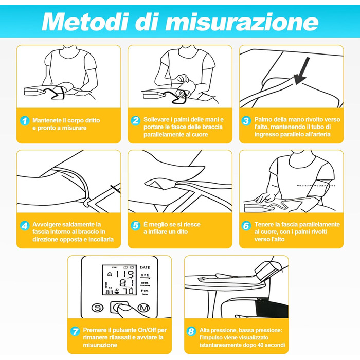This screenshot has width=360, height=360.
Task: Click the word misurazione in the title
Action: (242, 22)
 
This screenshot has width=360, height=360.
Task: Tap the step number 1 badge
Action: (25, 121)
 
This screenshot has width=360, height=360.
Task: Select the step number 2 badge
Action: (135, 120)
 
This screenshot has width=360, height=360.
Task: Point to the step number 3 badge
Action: (246, 120)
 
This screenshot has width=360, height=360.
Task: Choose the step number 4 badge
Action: (25, 225)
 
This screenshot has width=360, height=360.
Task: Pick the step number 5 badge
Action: (135, 225)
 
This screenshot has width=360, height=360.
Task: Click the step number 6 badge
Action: (246, 225)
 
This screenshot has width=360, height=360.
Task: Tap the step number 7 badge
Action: (75, 331)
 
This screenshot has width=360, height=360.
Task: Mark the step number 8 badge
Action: (191, 331)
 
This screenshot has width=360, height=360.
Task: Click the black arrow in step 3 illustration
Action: (301, 71)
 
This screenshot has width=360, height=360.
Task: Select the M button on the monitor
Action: (143, 308)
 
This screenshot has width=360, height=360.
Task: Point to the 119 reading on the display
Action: (124, 274)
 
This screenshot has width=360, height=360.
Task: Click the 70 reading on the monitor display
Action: (128, 291)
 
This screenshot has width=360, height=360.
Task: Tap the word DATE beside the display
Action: (145, 267)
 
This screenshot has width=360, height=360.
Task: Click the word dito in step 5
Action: (182, 232)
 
